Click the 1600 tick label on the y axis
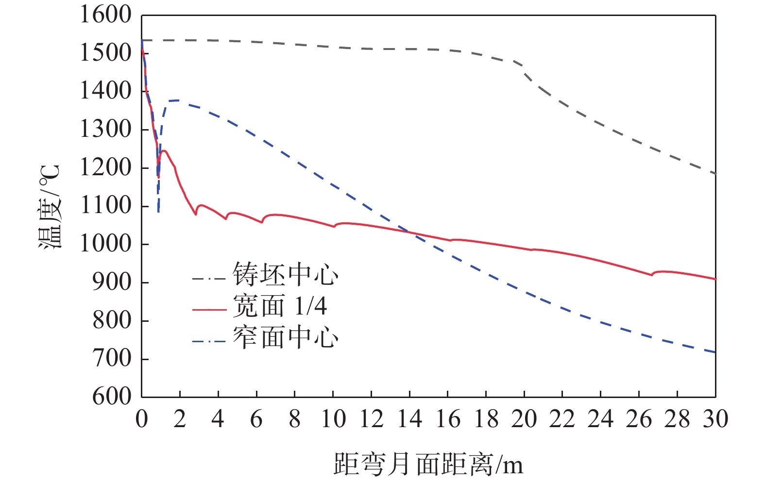coord(105,15)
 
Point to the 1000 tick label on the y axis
coord(105,244)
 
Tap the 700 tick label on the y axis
coord(112,359)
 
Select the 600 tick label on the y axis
coord(112,397)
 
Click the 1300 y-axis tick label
coord(105,130)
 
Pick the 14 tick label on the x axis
coord(409,419)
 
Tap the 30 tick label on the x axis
coord(715,419)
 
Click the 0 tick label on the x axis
coord(141,419)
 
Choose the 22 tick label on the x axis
coord(562,419)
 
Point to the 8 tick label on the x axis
coord(294,419)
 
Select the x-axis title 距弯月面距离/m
coord(428,465)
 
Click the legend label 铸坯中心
coord(285,275)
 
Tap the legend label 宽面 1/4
coord(280,306)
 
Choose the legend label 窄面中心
coord(285,338)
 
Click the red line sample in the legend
coord(209,309)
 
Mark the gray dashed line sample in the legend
coord(209,279)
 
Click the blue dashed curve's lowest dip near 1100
coord(158,212)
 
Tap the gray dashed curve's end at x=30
coord(715,173)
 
